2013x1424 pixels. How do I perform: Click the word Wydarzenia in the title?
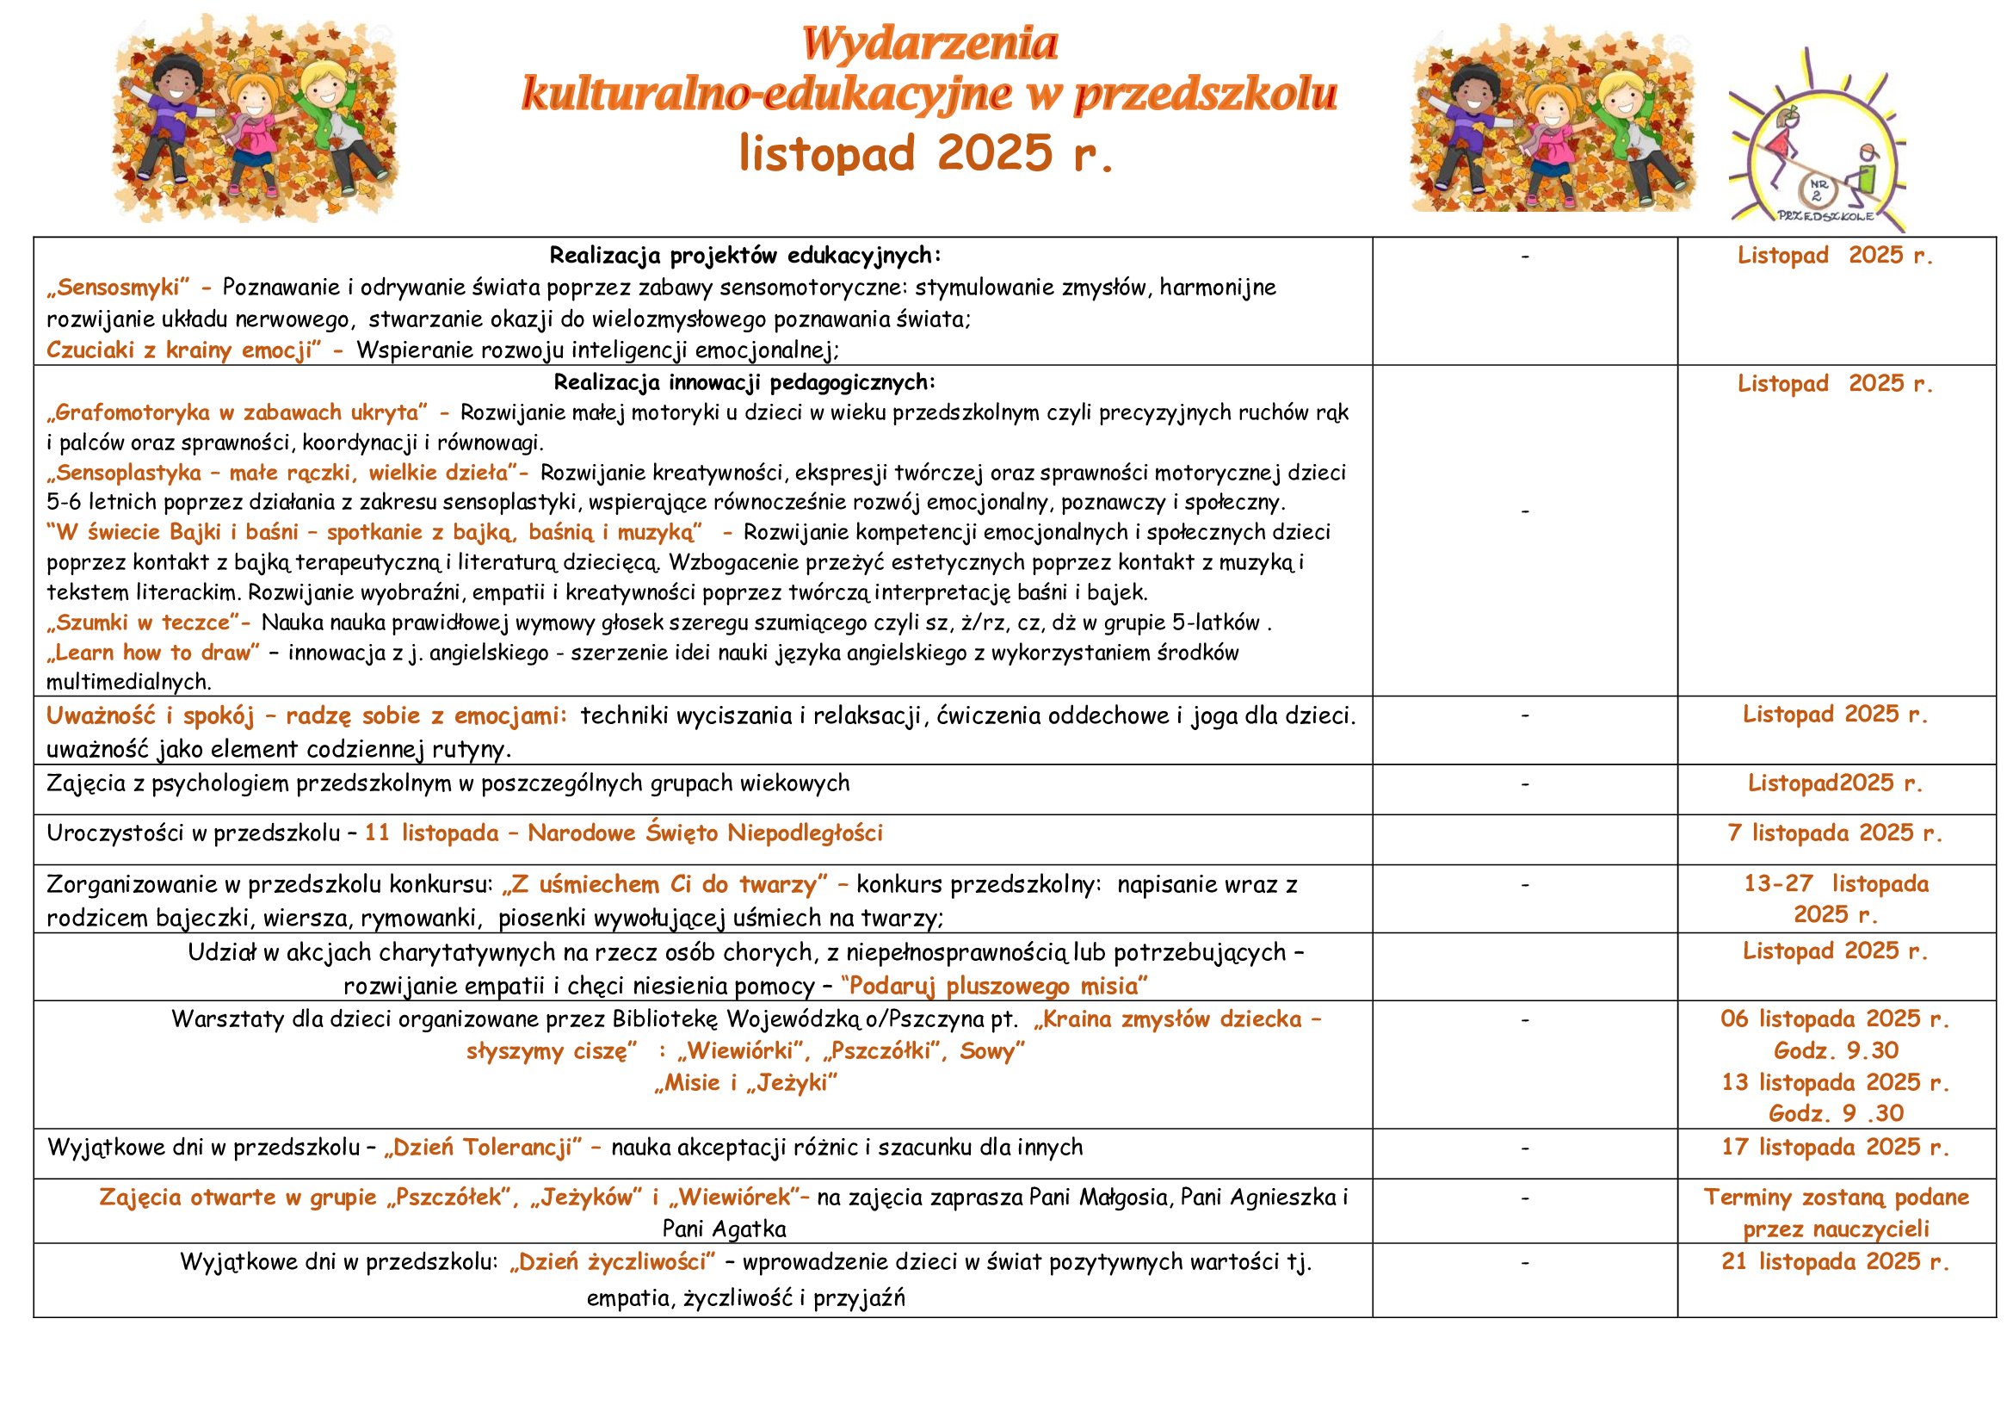[929, 44]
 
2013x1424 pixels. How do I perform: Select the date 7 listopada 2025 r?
[1835, 833]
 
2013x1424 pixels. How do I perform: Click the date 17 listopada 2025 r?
[1835, 1147]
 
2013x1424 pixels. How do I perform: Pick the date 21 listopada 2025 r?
[1835, 1262]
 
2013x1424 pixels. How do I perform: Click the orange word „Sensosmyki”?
[118, 288]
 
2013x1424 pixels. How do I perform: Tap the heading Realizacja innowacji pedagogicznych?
[744, 382]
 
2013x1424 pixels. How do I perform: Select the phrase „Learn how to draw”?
[153, 653]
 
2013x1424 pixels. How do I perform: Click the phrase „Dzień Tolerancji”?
[482, 1147]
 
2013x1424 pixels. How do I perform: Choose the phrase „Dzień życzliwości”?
[612, 1262]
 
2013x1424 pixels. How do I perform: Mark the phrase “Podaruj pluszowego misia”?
[994, 987]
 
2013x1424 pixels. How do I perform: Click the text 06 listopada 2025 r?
[1835, 1018]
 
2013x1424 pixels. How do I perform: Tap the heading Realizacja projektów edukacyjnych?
[745, 255]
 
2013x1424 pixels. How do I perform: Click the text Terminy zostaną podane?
[1836, 1198]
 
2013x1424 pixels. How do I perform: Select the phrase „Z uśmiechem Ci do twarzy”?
[664, 885]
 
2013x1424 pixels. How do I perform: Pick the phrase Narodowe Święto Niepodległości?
[705, 833]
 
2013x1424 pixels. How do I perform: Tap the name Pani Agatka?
[724, 1229]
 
